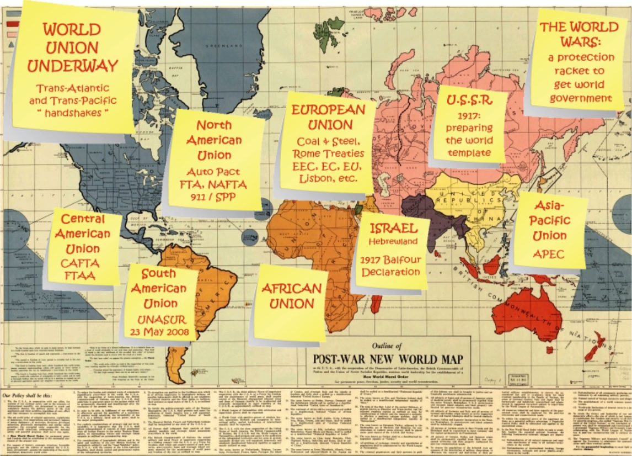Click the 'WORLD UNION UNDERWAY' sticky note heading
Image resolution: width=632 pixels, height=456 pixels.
coord(72,48)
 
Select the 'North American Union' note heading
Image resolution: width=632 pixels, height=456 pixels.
coord(213,140)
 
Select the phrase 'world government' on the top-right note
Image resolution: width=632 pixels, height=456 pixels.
coord(580,92)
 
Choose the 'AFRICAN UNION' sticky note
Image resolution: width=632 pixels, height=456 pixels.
coord(291,296)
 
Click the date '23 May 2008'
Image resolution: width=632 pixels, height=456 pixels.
coord(160,331)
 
